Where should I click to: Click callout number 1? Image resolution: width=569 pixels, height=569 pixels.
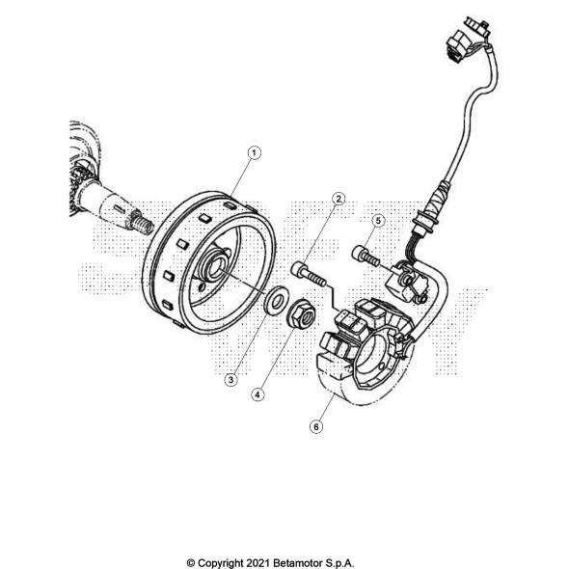[254, 152]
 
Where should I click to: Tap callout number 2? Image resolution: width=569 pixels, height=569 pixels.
[339, 199]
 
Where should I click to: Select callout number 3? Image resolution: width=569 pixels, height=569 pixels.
[230, 380]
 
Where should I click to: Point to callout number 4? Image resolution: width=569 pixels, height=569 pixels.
[257, 394]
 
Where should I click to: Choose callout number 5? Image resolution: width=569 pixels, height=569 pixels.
[378, 221]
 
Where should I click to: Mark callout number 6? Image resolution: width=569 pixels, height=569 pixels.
[316, 426]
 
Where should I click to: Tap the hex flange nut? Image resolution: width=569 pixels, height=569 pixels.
[301, 313]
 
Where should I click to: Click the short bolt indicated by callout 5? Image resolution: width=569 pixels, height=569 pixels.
[366, 256]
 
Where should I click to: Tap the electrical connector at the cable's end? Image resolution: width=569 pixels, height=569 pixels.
[467, 40]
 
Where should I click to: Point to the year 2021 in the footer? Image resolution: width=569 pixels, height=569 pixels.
[257, 563]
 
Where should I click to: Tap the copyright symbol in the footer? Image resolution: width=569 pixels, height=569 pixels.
[191, 563]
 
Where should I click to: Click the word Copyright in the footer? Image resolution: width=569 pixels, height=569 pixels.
[220, 563]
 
